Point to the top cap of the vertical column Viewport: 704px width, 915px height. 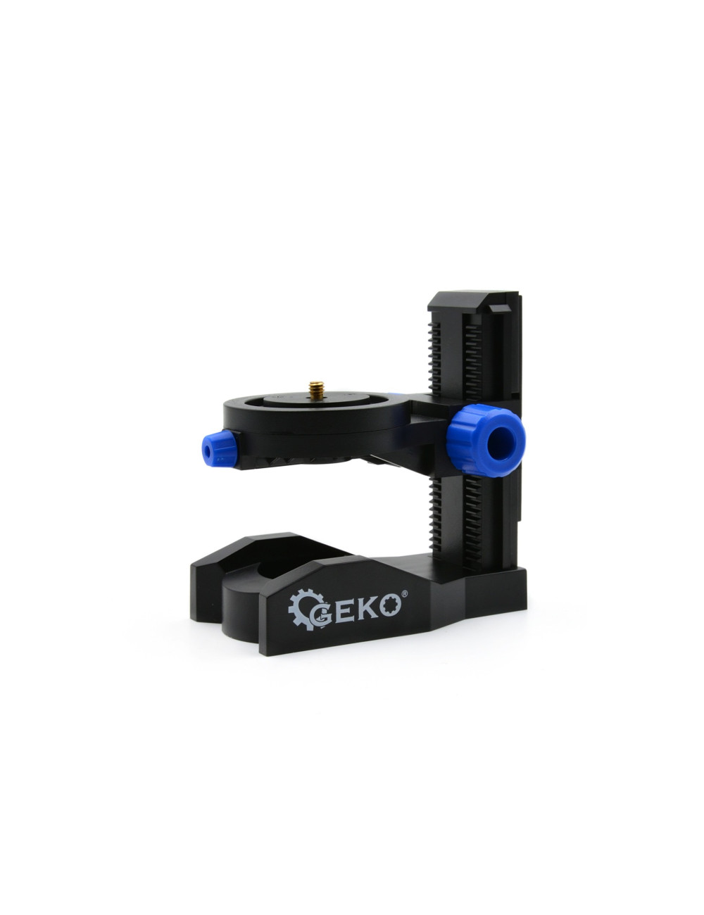pyautogui.click(x=475, y=301)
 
